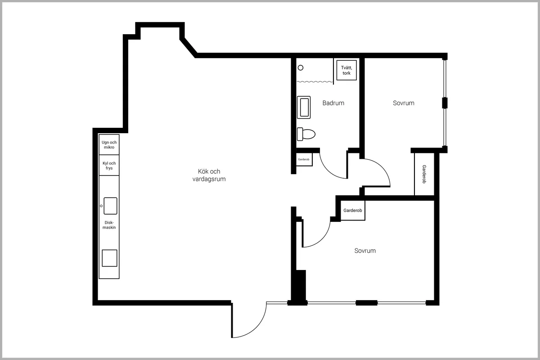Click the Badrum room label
coord(333,103)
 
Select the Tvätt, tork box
coord(346,70)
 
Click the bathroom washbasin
coord(304,108)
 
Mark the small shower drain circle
coord(301,67)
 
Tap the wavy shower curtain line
coord(315,82)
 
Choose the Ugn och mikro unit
coord(108,145)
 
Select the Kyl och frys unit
coord(108,166)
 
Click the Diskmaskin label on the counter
coord(110,225)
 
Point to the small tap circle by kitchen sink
coord(101,206)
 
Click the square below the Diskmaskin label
coord(109,258)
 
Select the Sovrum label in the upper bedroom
coord(403,103)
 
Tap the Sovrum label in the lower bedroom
coord(364,251)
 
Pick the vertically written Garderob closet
coord(424,174)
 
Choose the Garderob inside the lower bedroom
coord(352,211)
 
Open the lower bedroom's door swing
coord(317,234)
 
